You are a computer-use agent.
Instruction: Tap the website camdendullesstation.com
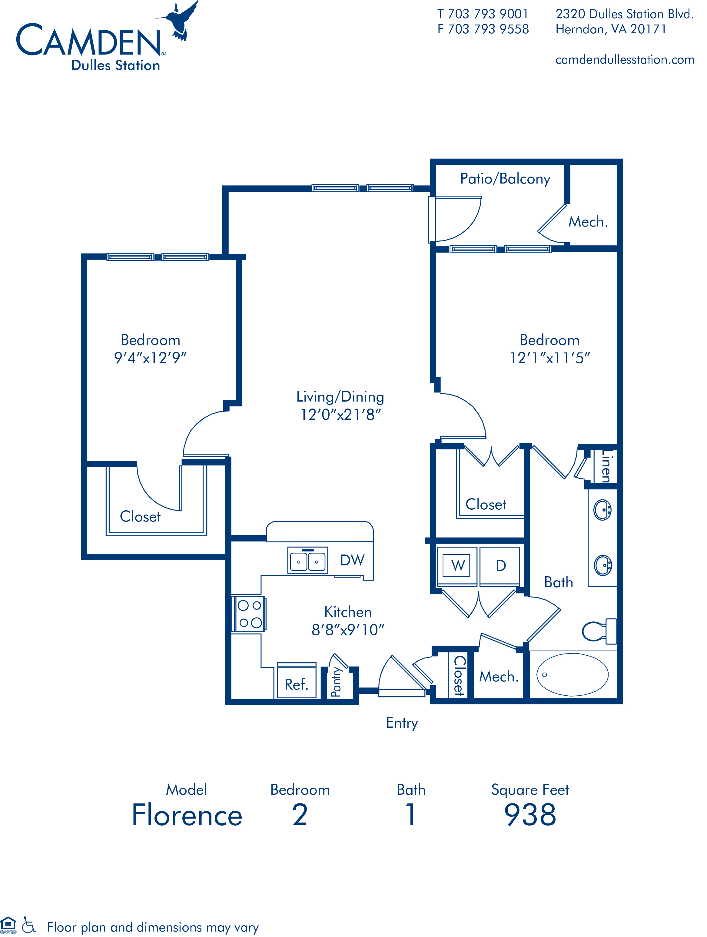[x=624, y=60]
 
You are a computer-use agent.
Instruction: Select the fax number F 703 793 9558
[x=483, y=29]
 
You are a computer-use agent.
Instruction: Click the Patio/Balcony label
[x=505, y=179]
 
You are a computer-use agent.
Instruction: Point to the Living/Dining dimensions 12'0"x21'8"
[x=340, y=414]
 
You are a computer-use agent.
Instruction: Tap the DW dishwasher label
[x=352, y=560]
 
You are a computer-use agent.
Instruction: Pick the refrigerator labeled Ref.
[x=296, y=684]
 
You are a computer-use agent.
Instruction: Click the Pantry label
[x=336, y=682]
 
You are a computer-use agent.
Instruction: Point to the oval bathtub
[x=572, y=674]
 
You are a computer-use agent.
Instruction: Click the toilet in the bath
[x=599, y=631]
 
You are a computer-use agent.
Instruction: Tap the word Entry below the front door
[x=402, y=723]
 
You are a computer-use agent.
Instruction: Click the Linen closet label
[x=606, y=466]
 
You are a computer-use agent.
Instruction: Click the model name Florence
[x=187, y=815]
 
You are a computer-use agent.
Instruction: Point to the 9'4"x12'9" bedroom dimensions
[x=150, y=358]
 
